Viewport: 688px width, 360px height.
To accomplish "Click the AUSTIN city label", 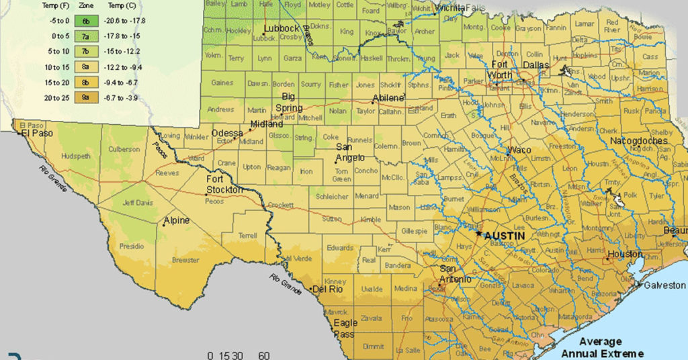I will tap(505, 236).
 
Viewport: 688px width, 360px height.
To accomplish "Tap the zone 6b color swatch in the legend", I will tap(86, 21).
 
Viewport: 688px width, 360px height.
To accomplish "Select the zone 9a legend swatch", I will tap(86, 97).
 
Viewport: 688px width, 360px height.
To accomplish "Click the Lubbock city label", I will tap(281, 29).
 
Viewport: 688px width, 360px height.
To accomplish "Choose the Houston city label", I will tap(625, 255).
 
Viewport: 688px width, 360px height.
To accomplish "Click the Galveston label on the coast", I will tap(664, 285).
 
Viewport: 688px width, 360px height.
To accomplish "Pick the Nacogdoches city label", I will tap(639, 141).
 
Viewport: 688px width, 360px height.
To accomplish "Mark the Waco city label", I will tap(519, 150).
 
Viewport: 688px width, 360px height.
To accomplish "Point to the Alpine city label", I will tap(177, 220).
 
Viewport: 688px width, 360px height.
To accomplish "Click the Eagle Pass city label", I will tap(345, 328).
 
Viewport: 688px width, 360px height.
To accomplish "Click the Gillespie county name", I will tap(414, 231).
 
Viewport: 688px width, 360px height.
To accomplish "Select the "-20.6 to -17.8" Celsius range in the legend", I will tap(128, 21).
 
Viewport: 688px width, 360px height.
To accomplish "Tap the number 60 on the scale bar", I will tap(264, 355).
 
